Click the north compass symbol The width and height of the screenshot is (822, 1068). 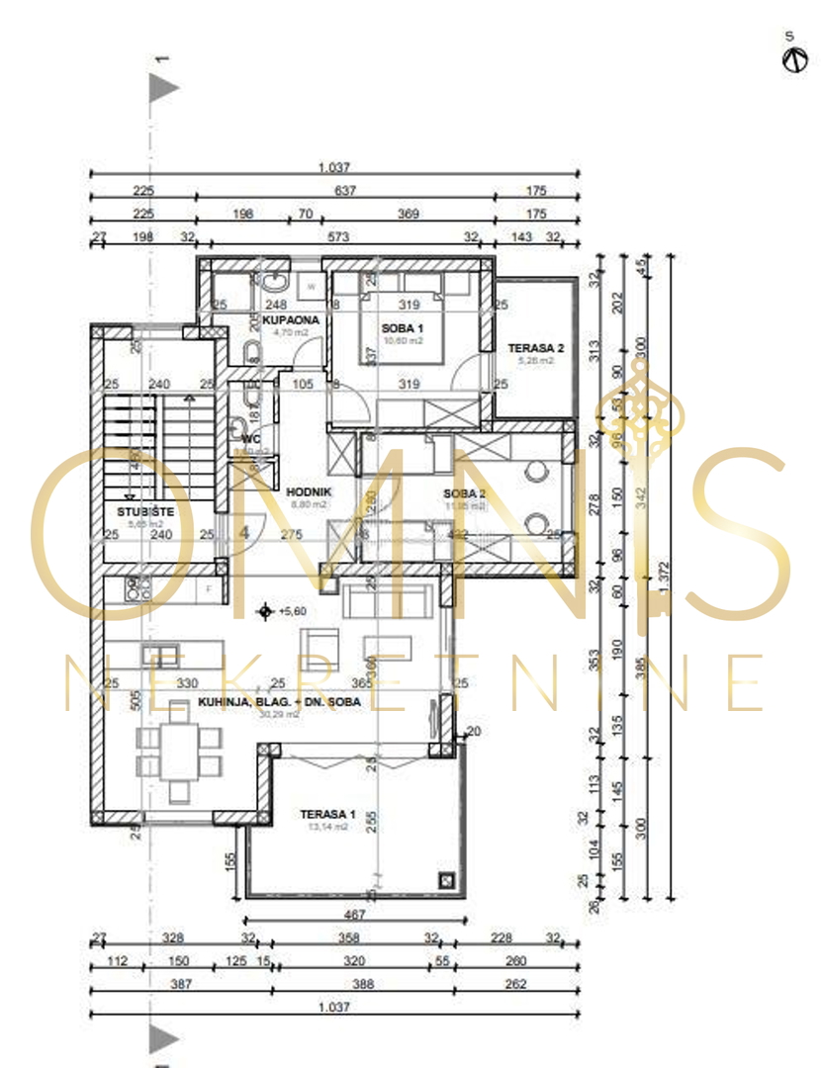coord(790,59)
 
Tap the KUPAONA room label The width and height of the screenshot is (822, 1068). coord(290,320)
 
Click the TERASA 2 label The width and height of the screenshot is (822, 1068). coord(535,348)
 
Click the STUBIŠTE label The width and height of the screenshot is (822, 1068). coord(138,511)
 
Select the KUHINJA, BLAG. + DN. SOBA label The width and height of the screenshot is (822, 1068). coord(278,702)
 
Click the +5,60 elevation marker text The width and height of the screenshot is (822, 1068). coord(292,611)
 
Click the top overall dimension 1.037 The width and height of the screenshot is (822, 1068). coord(334,168)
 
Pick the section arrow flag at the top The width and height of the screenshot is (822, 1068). coord(163,88)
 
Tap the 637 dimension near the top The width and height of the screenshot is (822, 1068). coord(343,191)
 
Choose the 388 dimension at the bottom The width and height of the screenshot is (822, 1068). coord(334,984)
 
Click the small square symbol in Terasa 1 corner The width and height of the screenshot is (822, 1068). coord(447,879)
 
